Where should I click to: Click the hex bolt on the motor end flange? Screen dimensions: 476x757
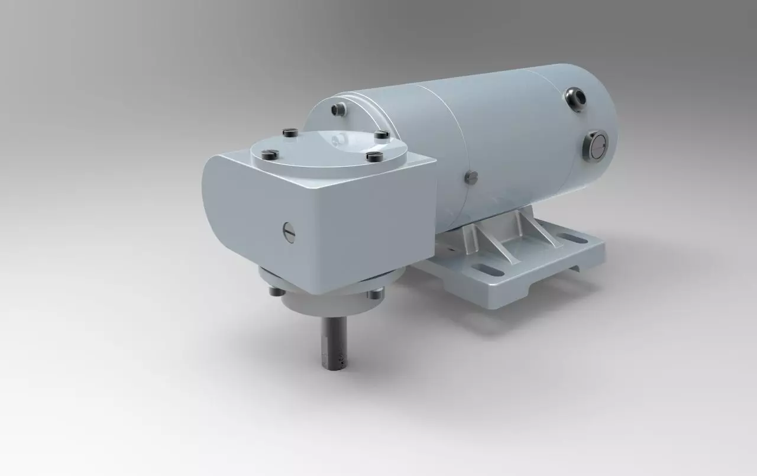click(338, 109)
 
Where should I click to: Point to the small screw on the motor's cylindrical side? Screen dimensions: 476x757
click(472, 176)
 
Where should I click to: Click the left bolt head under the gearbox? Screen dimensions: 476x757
click(274, 290)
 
